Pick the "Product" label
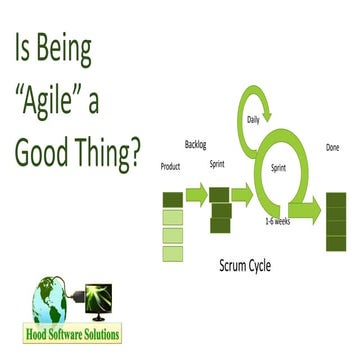click(171, 167)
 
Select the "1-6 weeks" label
click(279, 218)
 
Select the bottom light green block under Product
click(172, 252)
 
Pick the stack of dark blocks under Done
click(336, 221)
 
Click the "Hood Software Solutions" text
click(71, 336)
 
